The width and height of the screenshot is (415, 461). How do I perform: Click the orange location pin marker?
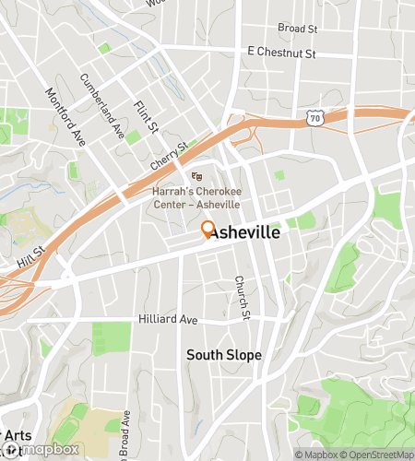207,230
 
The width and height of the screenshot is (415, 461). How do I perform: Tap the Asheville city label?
244,234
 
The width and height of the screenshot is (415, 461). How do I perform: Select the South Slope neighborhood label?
224,355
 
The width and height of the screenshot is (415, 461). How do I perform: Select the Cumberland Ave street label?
101,106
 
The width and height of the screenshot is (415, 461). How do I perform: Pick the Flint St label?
146,117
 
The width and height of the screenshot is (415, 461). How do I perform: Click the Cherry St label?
170,155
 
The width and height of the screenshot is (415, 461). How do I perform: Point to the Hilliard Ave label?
168,319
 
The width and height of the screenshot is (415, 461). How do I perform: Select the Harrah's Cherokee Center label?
196,197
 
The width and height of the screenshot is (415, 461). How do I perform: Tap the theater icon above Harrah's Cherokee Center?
196,176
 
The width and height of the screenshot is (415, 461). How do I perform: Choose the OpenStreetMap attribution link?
377,455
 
